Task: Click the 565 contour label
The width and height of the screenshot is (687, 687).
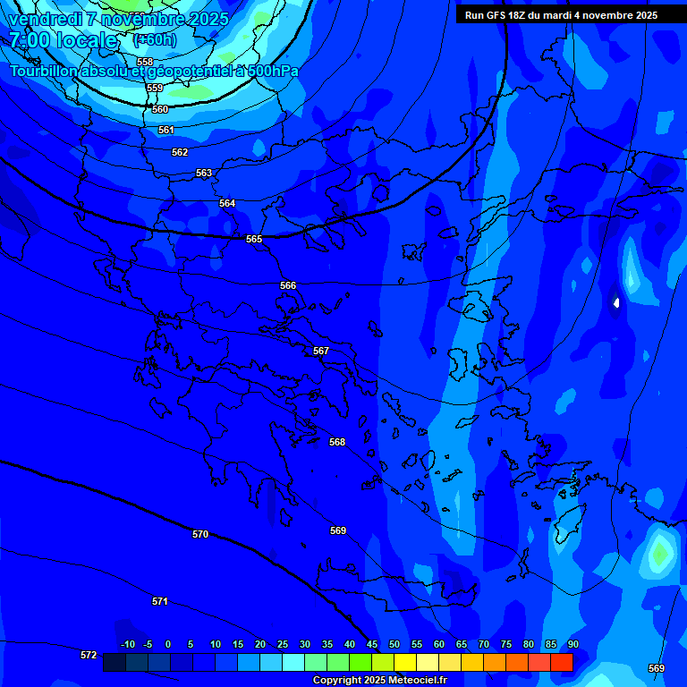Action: click(254, 239)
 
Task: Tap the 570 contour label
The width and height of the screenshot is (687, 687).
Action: click(200, 534)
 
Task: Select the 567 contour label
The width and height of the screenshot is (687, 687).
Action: click(321, 351)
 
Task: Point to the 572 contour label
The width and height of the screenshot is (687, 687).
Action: click(89, 655)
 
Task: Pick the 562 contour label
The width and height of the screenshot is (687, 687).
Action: click(180, 152)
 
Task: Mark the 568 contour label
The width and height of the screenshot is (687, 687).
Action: click(337, 442)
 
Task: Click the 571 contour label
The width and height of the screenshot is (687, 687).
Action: click(160, 601)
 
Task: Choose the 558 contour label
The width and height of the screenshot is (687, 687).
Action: click(145, 62)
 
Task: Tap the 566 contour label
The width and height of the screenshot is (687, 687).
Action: click(288, 285)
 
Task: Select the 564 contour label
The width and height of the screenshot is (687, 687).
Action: click(227, 203)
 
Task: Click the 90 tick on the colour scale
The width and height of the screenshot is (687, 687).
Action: click(572, 644)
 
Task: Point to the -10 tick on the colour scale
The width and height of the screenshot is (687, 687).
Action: click(127, 644)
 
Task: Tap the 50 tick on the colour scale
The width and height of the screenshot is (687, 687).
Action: click(394, 644)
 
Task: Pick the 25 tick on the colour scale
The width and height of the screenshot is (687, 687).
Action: click(283, 644)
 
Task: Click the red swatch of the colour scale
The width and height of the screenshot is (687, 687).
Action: click(562, 662)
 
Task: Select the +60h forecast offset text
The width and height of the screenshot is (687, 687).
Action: click(155, 40)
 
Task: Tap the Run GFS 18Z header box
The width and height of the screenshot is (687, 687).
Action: click(561, 15)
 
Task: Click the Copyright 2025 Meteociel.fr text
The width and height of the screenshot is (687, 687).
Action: click(379, 681)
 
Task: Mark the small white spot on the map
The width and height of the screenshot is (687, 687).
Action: click(616, 303)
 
